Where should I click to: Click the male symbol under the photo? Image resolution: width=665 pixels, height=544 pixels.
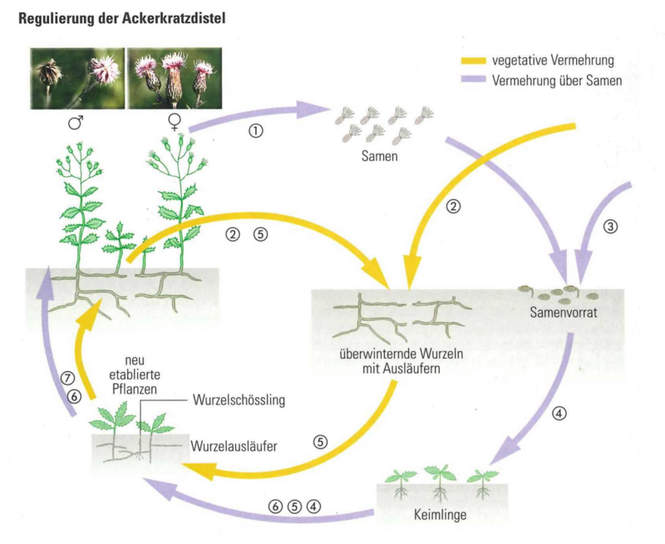pyautogui.click(x=76, y=123)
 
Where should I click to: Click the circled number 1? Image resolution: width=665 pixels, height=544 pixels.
pyautogui.click(x=257, y=131)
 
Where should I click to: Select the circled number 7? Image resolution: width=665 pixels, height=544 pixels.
pyautogui.click(x=69, y=377)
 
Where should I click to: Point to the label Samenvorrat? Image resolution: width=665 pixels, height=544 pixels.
pyautogui.click(x=564, y=313)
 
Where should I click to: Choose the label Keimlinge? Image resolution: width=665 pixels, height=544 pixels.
pyautogui.click(x=437, y=514)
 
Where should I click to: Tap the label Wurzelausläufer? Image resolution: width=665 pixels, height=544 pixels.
pyautogui.click(x=234, y=445)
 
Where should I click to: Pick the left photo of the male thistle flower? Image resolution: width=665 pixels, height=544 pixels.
pyautogui.click(x=76, y=78)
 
